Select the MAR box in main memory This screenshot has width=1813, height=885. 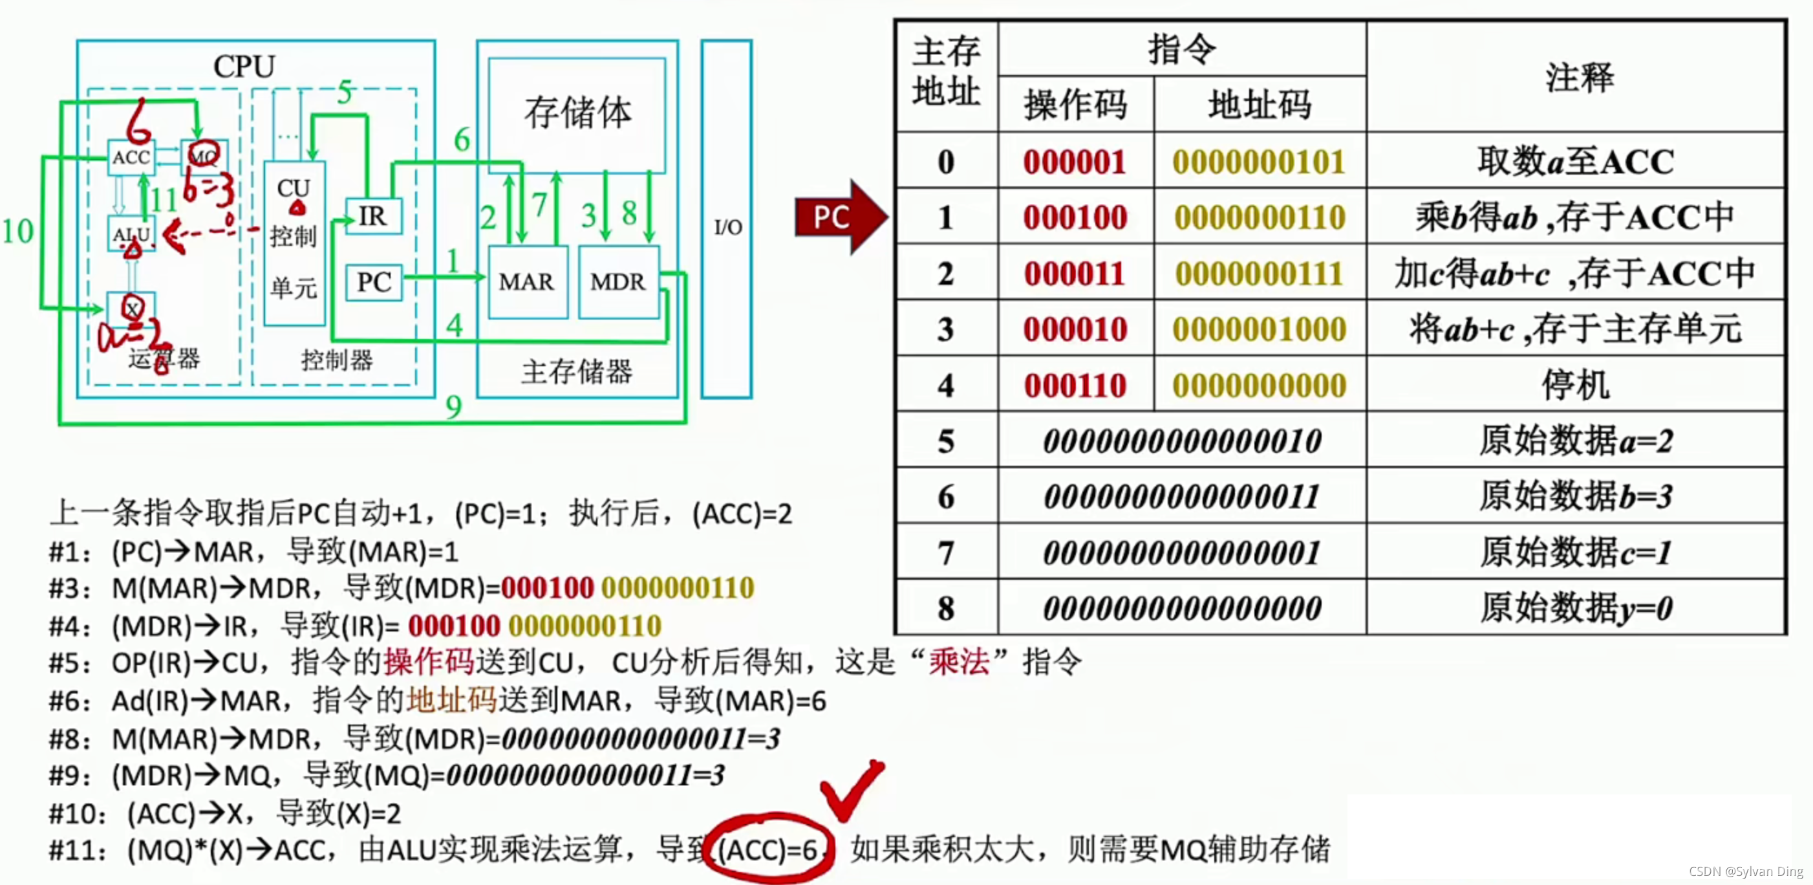(x=526, y=281)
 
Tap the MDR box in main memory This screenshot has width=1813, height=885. (x=617, y=281)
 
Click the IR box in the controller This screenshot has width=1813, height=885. (x=373, y=215)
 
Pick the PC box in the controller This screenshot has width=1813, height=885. (x=374, y=281)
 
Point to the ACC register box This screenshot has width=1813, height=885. (x=131, y=157)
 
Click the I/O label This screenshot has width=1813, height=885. (x=728, y=226)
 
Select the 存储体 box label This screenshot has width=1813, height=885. (x=577, y=113)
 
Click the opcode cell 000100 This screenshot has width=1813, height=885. (x=1075, y=217)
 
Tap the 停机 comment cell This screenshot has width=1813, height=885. (x=1575, y=384)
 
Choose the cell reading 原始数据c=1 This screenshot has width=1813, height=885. (x=1575, y=552)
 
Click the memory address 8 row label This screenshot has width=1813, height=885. (x=946, y=607)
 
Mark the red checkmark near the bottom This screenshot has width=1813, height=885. (x=852, y=789)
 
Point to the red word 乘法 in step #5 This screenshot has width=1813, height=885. (x=959, y=662)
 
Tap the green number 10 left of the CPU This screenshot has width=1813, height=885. (x=17, y=231)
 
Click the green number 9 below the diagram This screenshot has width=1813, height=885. (x=453, y=406)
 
